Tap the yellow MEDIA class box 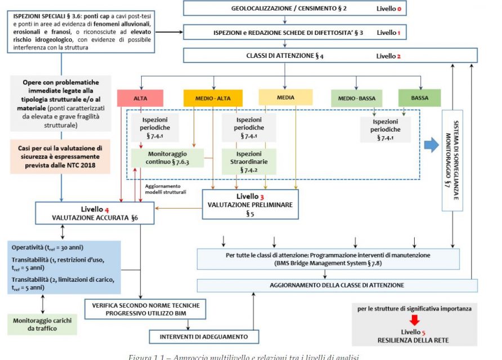[x=285, y=97]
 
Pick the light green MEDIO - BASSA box [x=356, y=98]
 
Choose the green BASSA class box [x=419, y=98]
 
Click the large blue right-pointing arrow [x=431, y=145]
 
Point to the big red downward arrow [x=414, y=320]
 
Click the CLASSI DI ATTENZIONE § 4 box [x=330, y=56]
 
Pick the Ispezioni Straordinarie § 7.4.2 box [x=249, y=161]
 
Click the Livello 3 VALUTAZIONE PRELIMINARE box [x=250, y=204]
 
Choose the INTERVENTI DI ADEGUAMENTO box [x=205, y=336]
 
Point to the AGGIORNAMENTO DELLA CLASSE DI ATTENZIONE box [x=337, y=285]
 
